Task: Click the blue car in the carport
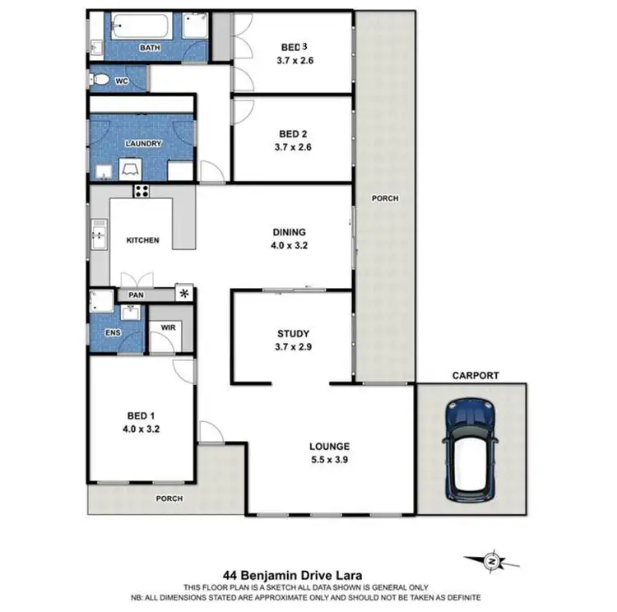point(468,448)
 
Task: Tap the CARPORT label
point(475,375)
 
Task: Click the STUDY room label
point(292,333)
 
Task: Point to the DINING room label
point(290,232)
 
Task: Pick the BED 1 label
point(137,416)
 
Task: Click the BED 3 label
point(294,47)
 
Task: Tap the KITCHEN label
point(141,241)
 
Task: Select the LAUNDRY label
point(142,143)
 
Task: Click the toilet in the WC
point(100,80)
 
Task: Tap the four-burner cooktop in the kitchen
point(141,192)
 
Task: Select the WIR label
point(168,327)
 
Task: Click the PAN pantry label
point(137,294)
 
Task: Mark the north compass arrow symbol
point(492,560)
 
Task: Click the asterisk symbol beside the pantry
point(184,293)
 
